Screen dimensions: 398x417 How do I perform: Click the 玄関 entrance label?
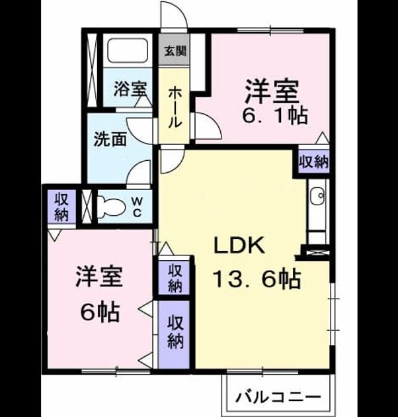pyautogui.click(x=175, y=51)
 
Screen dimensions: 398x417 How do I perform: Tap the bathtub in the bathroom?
pyautogui.click(x=128, y=50)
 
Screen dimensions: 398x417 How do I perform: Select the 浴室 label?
pyautogui.click(x=130, y=89)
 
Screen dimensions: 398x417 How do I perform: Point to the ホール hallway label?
pyautogui.click(x=175, y=107)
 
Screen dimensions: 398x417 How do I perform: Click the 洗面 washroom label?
pyautogui.click(x=110, y=139)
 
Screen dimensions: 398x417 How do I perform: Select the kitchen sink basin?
pyautogui.click(x=317, y=197)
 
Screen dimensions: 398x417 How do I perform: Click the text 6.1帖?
pyautogui.click(x=275, y=116)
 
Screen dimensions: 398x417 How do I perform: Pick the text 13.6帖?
pyautogui.click(x=257, y=279)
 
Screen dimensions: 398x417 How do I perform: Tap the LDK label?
pyautogui.click(x=239, y=245)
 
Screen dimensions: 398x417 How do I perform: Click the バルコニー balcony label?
pyautogui.click(x=278, y=398)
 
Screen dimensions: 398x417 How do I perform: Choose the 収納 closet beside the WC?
pyautogui.click(x=61, y=207)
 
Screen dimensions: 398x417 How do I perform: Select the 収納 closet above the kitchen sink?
pyautogui.click(x=314, y=162)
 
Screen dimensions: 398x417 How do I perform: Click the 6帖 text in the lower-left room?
pyautogui.click(x=100, y=312)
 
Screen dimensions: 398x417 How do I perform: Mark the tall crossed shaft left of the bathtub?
pyautogui.click(x=93, y=70)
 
